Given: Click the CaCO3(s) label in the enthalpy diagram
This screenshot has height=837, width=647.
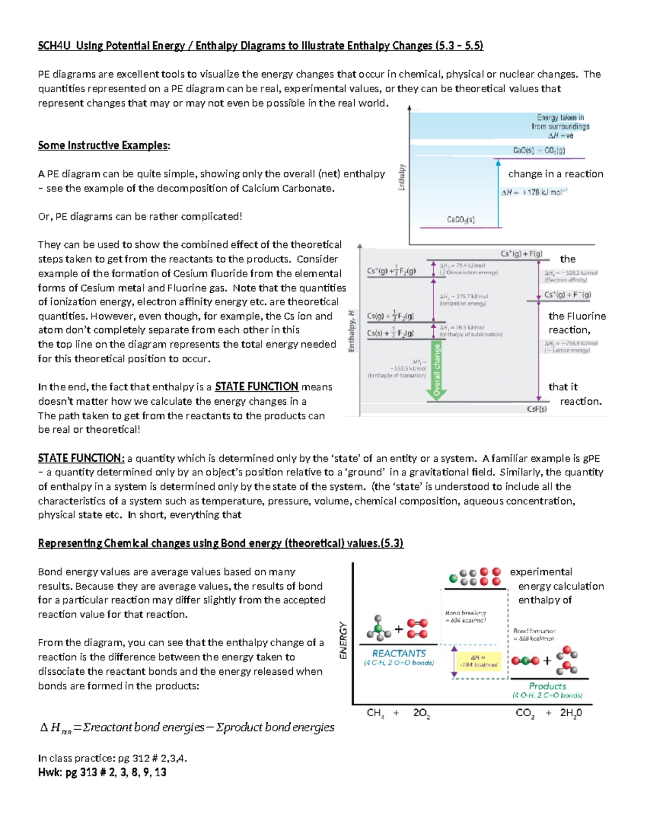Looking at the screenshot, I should click(x=460, y=220).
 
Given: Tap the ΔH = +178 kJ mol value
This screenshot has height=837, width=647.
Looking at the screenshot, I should click(x=534, y=192).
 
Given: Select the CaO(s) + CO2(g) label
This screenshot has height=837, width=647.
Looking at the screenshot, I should click(x=539, y=151).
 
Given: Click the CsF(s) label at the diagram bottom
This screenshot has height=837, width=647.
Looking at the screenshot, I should click(x=536, y=409).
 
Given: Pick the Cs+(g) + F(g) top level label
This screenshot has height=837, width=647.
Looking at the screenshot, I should click(x=521, y=254).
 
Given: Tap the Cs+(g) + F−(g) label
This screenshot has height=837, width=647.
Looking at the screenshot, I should click(x=567, y=295).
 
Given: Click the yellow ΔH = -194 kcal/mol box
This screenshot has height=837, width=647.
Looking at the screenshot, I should click(x=478, y=661).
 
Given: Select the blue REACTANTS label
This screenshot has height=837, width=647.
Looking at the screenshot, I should click(x=399, y=653).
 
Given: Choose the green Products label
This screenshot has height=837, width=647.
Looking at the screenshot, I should click(x=547, y=686).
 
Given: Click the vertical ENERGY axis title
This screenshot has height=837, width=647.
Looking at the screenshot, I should click(x=343, y=640).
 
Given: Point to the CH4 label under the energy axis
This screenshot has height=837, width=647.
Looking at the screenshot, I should click(x=375, y=713).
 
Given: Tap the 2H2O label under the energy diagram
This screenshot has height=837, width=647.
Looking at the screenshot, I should click(x=571, y=713).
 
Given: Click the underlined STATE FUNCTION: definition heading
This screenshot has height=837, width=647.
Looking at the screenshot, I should click(x=81, y=458).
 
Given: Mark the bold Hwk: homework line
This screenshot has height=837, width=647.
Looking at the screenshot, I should click(x=102, y=772).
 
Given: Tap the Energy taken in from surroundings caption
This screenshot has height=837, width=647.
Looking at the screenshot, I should click(x=560, y=126).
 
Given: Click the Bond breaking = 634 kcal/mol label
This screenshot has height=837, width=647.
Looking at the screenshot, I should click(x=465, y=617).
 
